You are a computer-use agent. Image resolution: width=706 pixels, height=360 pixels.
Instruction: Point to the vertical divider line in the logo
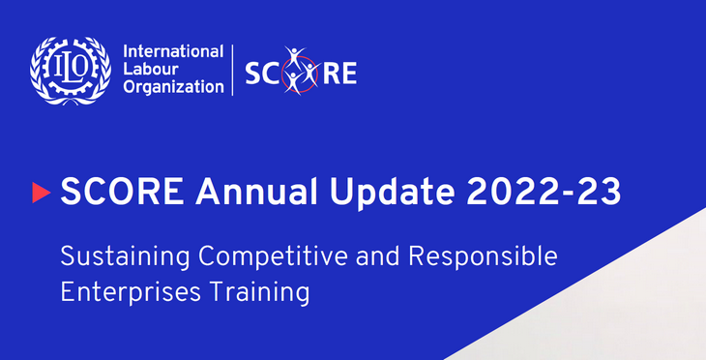(x=232, y=71)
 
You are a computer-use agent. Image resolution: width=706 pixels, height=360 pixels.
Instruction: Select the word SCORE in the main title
(x=116, y=192)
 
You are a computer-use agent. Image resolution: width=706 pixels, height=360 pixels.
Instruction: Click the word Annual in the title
(x=254, y=192)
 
